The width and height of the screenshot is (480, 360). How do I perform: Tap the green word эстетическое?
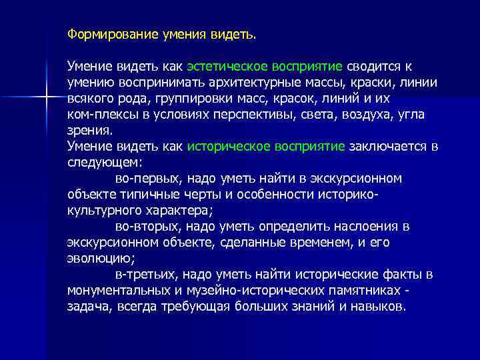228,67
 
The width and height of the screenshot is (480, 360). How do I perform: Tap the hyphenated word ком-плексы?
98,115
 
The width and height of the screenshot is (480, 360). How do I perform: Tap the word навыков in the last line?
380,307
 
